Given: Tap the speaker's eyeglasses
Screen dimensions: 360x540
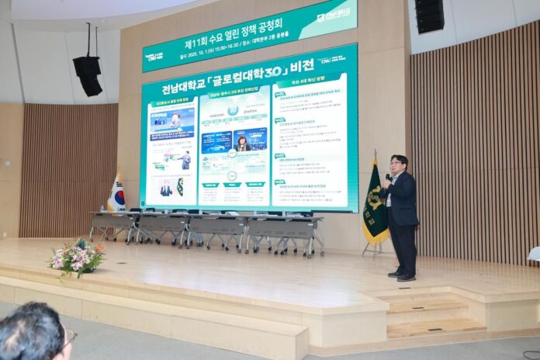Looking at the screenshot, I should tap(396, 165).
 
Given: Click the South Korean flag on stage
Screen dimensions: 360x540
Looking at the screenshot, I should tap(116, 194).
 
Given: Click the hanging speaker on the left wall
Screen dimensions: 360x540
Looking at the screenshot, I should tap(88, 74).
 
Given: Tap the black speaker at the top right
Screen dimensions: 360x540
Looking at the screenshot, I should tap(429, 16).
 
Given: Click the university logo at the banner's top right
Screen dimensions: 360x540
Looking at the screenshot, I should tap(333, 13).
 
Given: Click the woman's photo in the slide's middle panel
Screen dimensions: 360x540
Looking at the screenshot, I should tap(242, 143).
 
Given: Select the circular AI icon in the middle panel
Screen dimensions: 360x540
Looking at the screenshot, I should tap(233, 111).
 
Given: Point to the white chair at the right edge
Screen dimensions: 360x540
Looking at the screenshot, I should tap(534, 254).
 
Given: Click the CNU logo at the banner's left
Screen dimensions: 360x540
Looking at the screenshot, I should tap(154, 56).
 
